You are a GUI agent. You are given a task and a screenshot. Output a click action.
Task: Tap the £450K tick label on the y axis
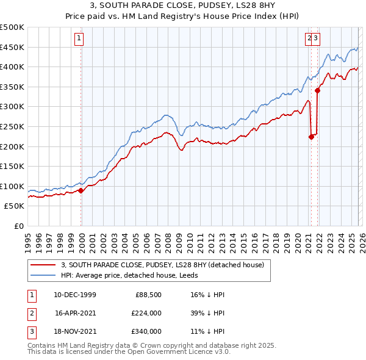[x=12, y=47]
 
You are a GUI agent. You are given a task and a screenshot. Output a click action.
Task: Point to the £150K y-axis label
[x=12, y=166]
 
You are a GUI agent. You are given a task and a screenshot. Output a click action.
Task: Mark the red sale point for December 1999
[x=81, y=190]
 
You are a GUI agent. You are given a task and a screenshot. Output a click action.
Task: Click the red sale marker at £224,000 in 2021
[x=311, y=137]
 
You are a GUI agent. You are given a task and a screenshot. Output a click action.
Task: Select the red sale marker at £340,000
[x=317, y=91]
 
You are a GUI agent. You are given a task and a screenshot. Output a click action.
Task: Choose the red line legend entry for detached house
[x=162, y=265]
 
